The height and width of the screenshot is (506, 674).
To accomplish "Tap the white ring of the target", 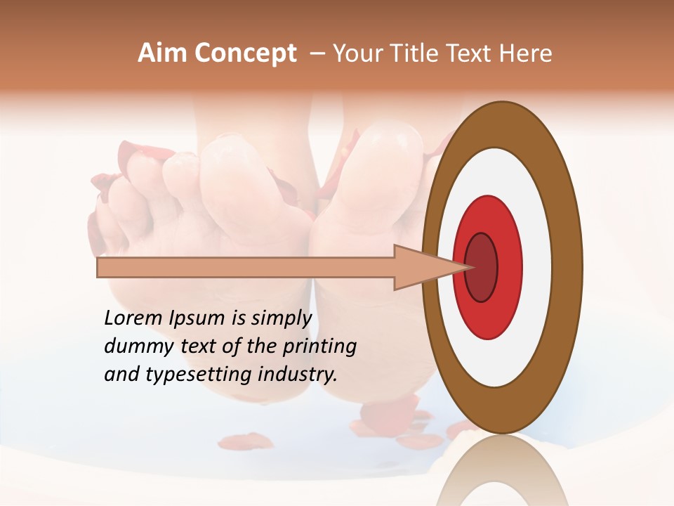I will pos(538,267).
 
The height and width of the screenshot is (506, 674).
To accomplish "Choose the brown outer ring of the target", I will pos(569,267).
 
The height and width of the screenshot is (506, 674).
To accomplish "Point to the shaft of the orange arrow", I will pos(246,268).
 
